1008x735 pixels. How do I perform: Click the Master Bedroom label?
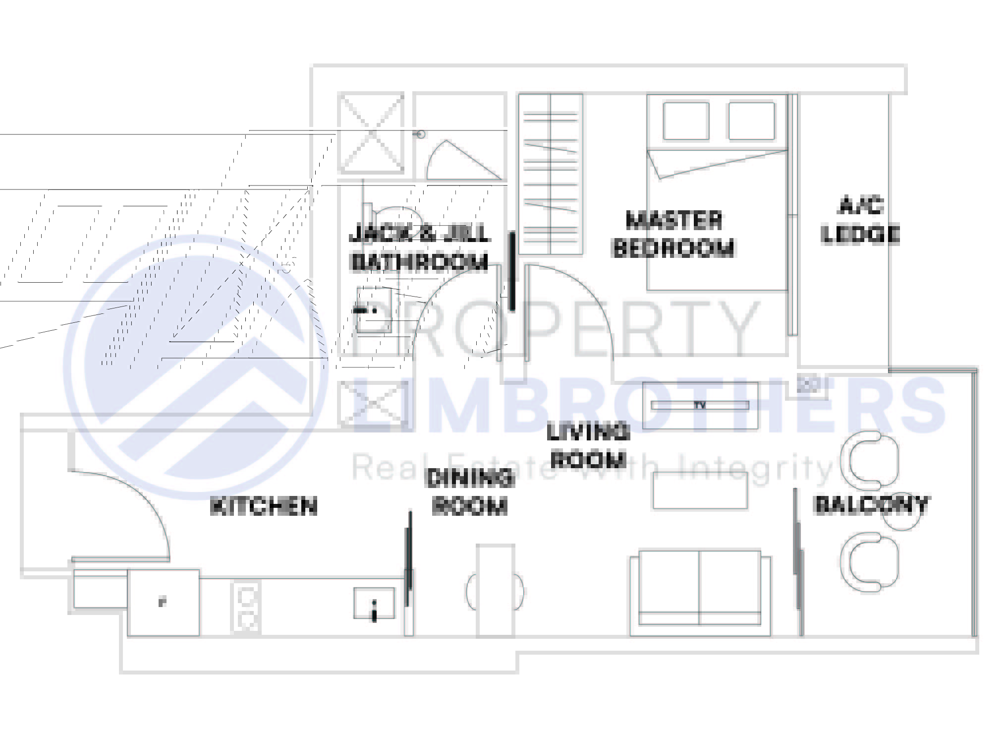click(x=673, y=235)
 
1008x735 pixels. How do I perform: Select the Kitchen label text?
click(x=264, y=506)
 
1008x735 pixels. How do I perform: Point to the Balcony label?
click(x=871, y=504)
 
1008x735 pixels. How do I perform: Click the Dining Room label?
click(x=470, y=492)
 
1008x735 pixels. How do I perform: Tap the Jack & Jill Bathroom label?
click(x=419, y=247)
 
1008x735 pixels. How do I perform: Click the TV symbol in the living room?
click(x=699, y=405)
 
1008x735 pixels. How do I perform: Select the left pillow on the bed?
click(x=686, y=121)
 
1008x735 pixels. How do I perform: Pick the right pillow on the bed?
click(x=751, y=121)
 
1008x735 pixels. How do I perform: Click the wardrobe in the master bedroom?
click(x=551, y=174)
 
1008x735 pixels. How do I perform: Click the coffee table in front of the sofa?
click(x=700, y=490)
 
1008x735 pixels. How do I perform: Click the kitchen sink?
click(x=374, y=603)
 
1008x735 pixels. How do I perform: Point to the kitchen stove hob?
click(x=246, y=608)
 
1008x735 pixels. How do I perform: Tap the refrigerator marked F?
click(x=164, y=603)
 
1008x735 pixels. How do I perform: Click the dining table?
click(x=496, y=590)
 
